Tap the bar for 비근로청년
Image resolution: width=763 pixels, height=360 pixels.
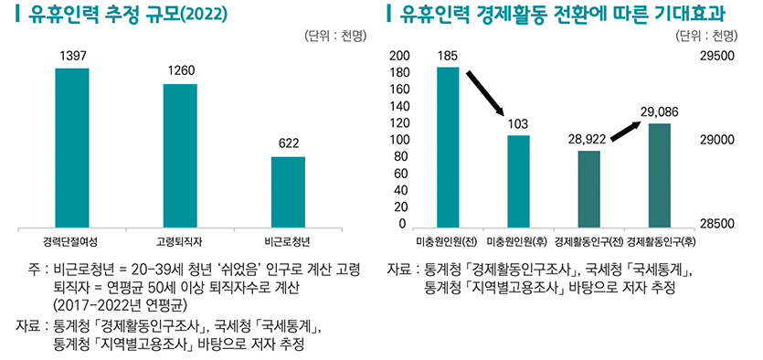[288, 190]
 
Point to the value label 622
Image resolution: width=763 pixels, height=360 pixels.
[289, 143]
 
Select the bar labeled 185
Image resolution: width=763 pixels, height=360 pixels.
[448, 146]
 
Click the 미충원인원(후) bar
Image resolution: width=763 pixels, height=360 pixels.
[518, 180]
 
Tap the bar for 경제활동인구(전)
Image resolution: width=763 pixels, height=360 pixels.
[589, 187]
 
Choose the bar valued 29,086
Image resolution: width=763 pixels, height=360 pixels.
[660, 174]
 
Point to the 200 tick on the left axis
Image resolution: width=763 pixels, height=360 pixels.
[398, 56]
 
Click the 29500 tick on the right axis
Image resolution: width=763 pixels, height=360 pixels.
[715, 56]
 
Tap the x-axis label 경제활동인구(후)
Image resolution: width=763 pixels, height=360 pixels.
[661, 241]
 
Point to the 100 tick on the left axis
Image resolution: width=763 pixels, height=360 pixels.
[398, 141]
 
